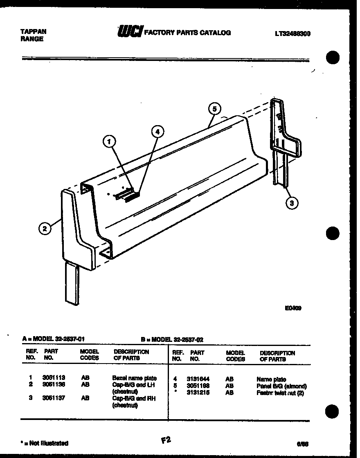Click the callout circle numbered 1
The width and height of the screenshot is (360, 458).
tap(108, 142)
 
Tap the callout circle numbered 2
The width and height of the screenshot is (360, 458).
tap(45, 228)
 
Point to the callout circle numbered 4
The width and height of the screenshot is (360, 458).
tap(157, 131)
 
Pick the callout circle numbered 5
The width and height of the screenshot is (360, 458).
tap(214, 109)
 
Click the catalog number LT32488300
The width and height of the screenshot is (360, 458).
tap(292, 34)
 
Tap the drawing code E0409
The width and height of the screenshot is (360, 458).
tap(293, 309)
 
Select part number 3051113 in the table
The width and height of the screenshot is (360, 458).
tap(53, 378)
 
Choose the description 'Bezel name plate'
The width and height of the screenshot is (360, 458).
tap(134, 378)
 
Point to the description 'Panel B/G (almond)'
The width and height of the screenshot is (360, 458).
tap(281, 386)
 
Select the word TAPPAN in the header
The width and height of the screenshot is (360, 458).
tap(33, 31)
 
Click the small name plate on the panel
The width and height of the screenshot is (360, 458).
tap(132, 197)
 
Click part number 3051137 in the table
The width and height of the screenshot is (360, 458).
tap(53, 398)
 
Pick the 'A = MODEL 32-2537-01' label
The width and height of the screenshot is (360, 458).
tap(53, 339)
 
